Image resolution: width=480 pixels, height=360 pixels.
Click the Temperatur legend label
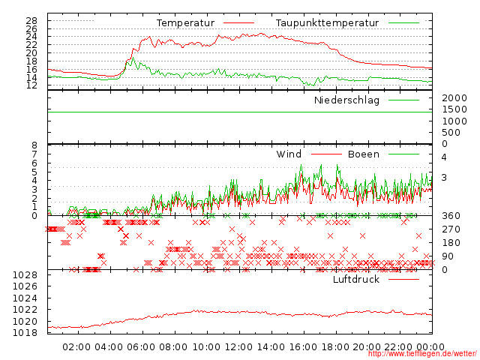coord(185,23)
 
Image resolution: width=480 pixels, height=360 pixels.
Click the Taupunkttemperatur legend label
coord(326,23)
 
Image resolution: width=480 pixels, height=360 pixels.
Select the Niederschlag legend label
coord(346,100)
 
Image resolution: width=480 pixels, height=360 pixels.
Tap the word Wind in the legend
coord(289,154)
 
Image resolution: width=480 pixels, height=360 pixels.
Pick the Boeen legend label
coord(363,154)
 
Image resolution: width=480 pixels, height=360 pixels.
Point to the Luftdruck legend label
coord(356,279)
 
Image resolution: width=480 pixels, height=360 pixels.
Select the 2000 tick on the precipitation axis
coord(454,99)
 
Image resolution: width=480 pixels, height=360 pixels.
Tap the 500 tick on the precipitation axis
coord(451,133)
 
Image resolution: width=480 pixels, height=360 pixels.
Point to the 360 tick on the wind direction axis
coord(451,216)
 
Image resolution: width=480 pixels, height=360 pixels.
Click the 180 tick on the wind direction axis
coord(451,243)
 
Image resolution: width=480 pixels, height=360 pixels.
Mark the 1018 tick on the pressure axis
coord(25,333)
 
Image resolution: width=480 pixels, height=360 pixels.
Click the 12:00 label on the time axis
coord(238,347)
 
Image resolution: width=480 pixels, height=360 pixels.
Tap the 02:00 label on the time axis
coord(77,347)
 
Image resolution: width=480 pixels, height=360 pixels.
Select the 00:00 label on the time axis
coord(431,347)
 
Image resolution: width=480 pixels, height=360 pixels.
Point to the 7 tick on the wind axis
coord(33,154)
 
